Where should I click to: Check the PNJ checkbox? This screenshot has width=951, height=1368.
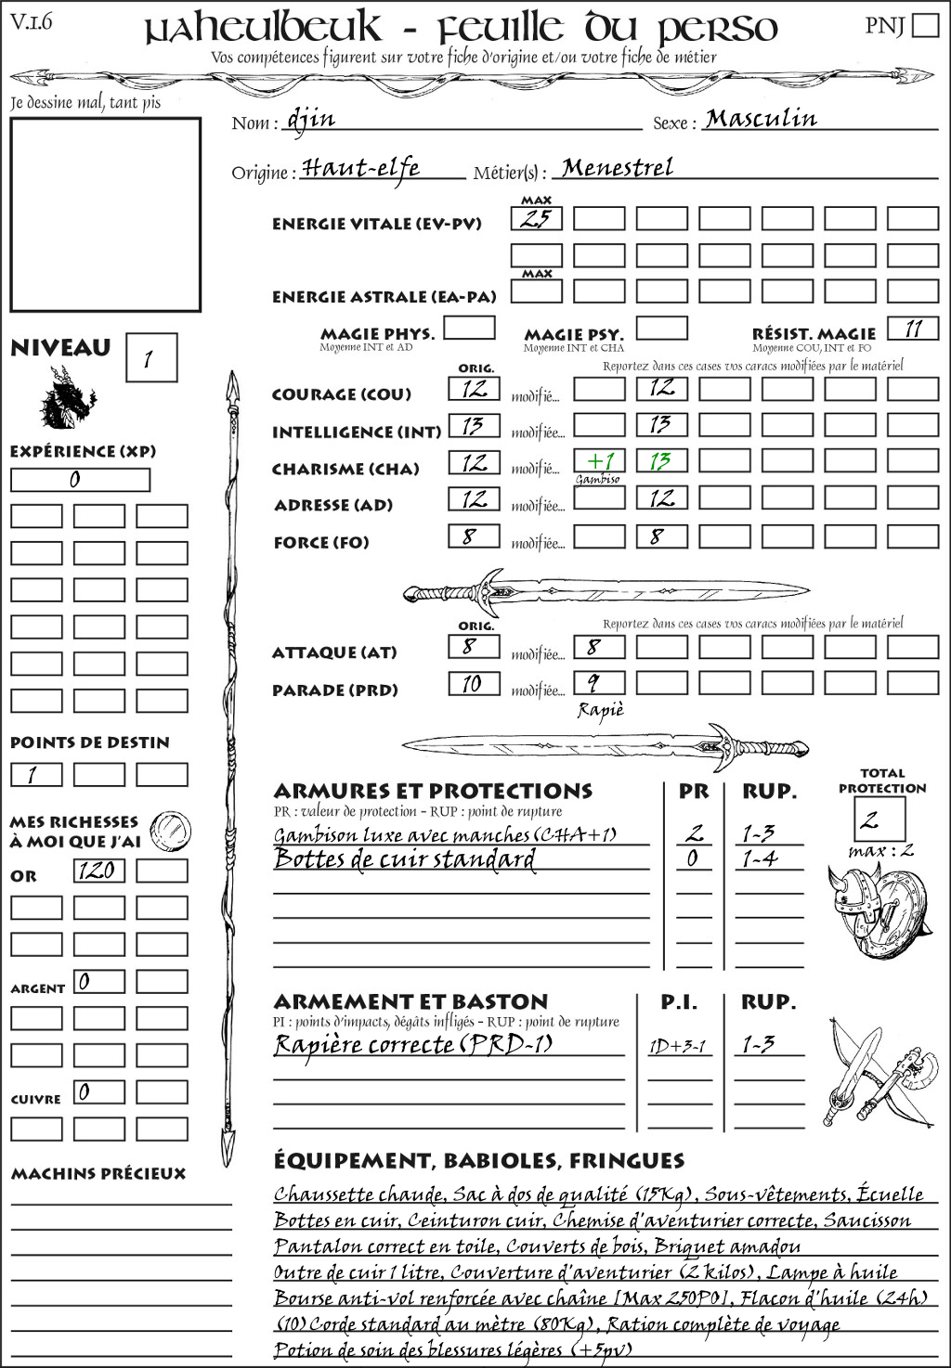point(926,25)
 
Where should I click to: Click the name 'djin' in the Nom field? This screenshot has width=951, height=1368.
point(311,119)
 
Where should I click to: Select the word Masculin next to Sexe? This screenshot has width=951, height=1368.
point(761,119)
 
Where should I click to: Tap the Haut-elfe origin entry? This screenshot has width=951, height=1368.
point(361,168)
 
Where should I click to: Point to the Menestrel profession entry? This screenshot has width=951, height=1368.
point(618,168)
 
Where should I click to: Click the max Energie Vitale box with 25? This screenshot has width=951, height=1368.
point(537,219)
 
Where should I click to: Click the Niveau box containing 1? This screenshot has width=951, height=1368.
point(150,358)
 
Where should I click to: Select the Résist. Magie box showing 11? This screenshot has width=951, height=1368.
point(913,329)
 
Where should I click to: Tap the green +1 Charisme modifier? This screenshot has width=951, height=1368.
point(599,461)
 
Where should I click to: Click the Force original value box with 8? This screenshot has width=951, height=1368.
point(474,536)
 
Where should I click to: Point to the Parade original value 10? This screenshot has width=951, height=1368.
point(474,684)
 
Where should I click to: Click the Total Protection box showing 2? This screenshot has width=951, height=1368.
point(879,819)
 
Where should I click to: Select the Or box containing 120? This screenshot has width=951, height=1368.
point(98,871)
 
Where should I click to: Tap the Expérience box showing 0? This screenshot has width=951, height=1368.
point(80,480)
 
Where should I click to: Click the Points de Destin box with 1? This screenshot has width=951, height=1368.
point(36,774)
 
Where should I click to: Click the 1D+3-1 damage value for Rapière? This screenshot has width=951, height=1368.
point(678,1046)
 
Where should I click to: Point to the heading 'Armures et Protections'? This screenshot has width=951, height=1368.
point(433,792)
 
